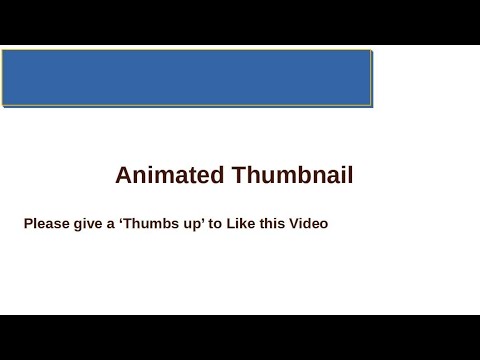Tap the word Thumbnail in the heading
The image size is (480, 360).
point(292,176)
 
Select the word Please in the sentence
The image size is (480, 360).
point(45,224)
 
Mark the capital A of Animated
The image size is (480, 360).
point(124,176)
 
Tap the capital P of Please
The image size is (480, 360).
point(28,224)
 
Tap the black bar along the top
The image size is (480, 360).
point(240,22)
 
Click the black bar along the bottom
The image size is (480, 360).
point(240,337)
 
